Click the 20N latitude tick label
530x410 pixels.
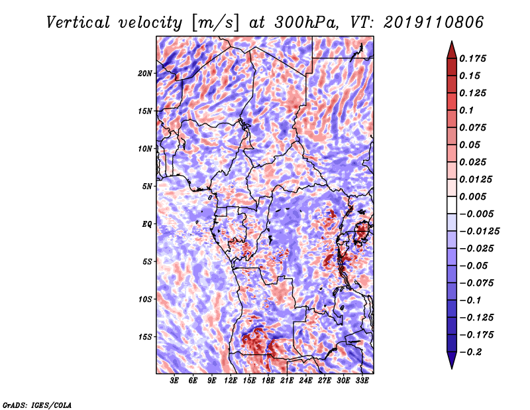point(144,74)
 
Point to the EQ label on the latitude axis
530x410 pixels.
point(147,224)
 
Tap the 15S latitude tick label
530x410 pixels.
point(145,337)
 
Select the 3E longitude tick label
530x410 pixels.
point(174,381)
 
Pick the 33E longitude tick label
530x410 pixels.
point(362,381)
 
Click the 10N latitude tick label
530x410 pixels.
point(144,149)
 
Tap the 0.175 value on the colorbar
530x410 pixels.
point(472,58)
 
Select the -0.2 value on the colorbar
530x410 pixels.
point(470,352)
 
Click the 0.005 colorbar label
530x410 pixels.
point(472,196)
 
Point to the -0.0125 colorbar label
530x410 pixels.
point(479,232)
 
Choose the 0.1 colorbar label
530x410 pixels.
point(466,110)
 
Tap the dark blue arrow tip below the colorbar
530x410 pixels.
point(452,368)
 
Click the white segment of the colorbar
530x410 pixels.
point(452,205)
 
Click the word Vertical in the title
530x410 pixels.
point(78,23)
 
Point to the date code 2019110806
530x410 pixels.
point(434,23)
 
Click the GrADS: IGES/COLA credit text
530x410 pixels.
point(37,405)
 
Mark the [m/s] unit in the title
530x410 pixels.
point(215,23)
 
